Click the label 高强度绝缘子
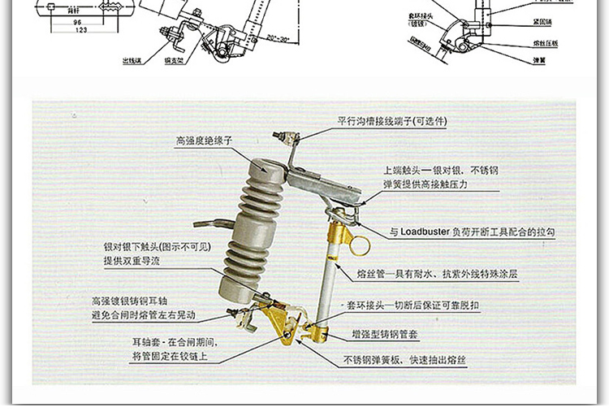tap(204, 141)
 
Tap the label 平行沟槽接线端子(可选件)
tap(392, 121)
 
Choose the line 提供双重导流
tap(132, 260)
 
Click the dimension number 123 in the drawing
tap(80, 30)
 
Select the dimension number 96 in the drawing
tap(79, 22)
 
